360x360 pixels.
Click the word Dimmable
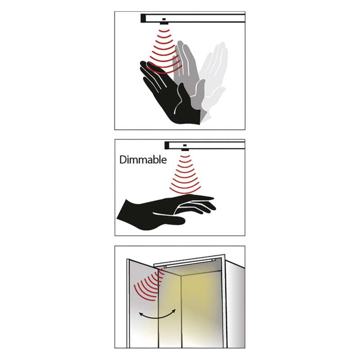(143, 160)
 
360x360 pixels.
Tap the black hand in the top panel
(170, 96)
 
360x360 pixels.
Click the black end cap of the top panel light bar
(143, 18)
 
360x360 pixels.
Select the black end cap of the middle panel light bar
(167, 145)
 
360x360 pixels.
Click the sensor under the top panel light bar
(164, 23)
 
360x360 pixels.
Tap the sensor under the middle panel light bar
(185, 150)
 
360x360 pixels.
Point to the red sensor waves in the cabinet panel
(149, 285)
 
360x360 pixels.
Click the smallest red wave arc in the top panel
(164, 31)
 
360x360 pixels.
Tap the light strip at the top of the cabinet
(190, 263)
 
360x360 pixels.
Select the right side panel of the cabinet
(235, 306)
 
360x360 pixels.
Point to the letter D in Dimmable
(123, 160)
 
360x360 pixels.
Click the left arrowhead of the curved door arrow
(140, 314)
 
